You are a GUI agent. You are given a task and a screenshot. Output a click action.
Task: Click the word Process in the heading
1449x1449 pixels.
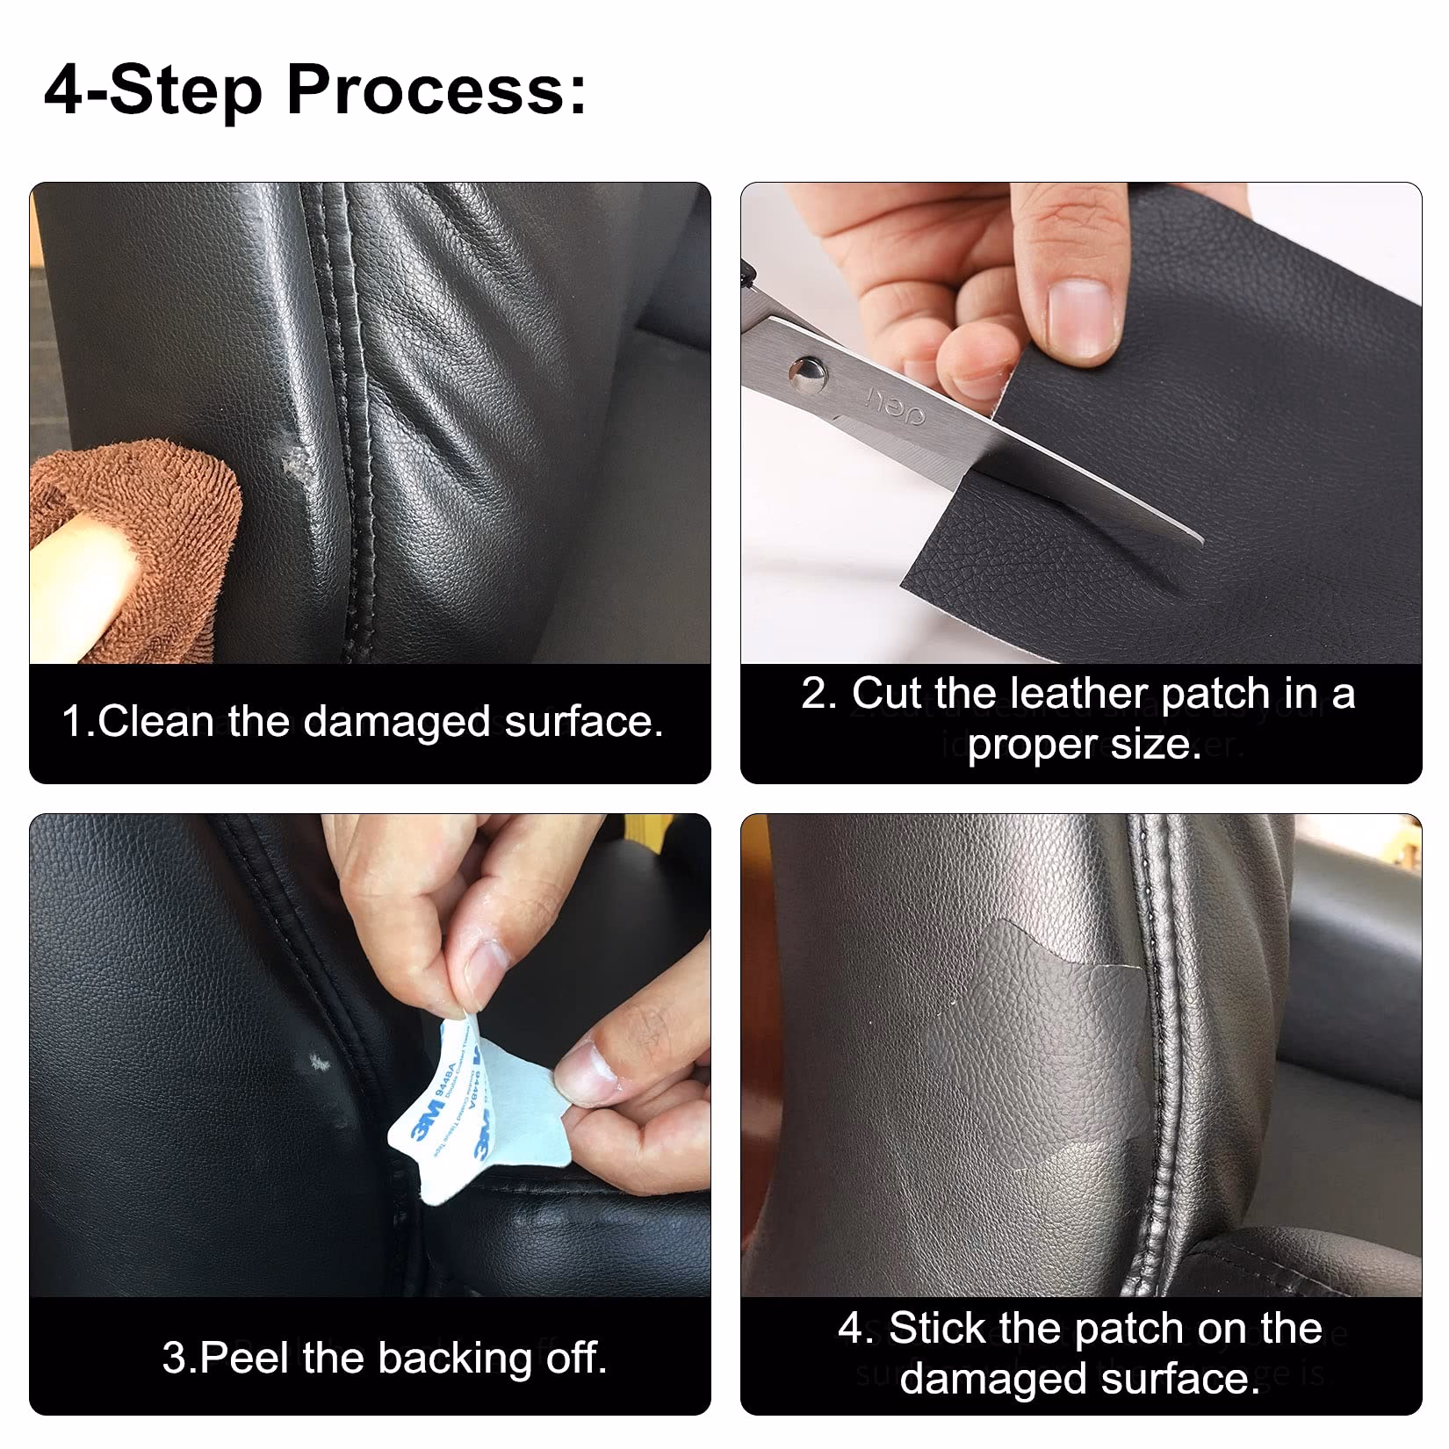(435, 90)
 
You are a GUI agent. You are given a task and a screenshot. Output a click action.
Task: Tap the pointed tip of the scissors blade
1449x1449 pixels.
(1200, 540)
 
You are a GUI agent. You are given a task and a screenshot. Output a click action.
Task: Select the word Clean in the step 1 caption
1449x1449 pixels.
(156, 722)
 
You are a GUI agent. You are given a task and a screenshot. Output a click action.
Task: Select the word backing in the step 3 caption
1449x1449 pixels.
(455, 1358)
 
